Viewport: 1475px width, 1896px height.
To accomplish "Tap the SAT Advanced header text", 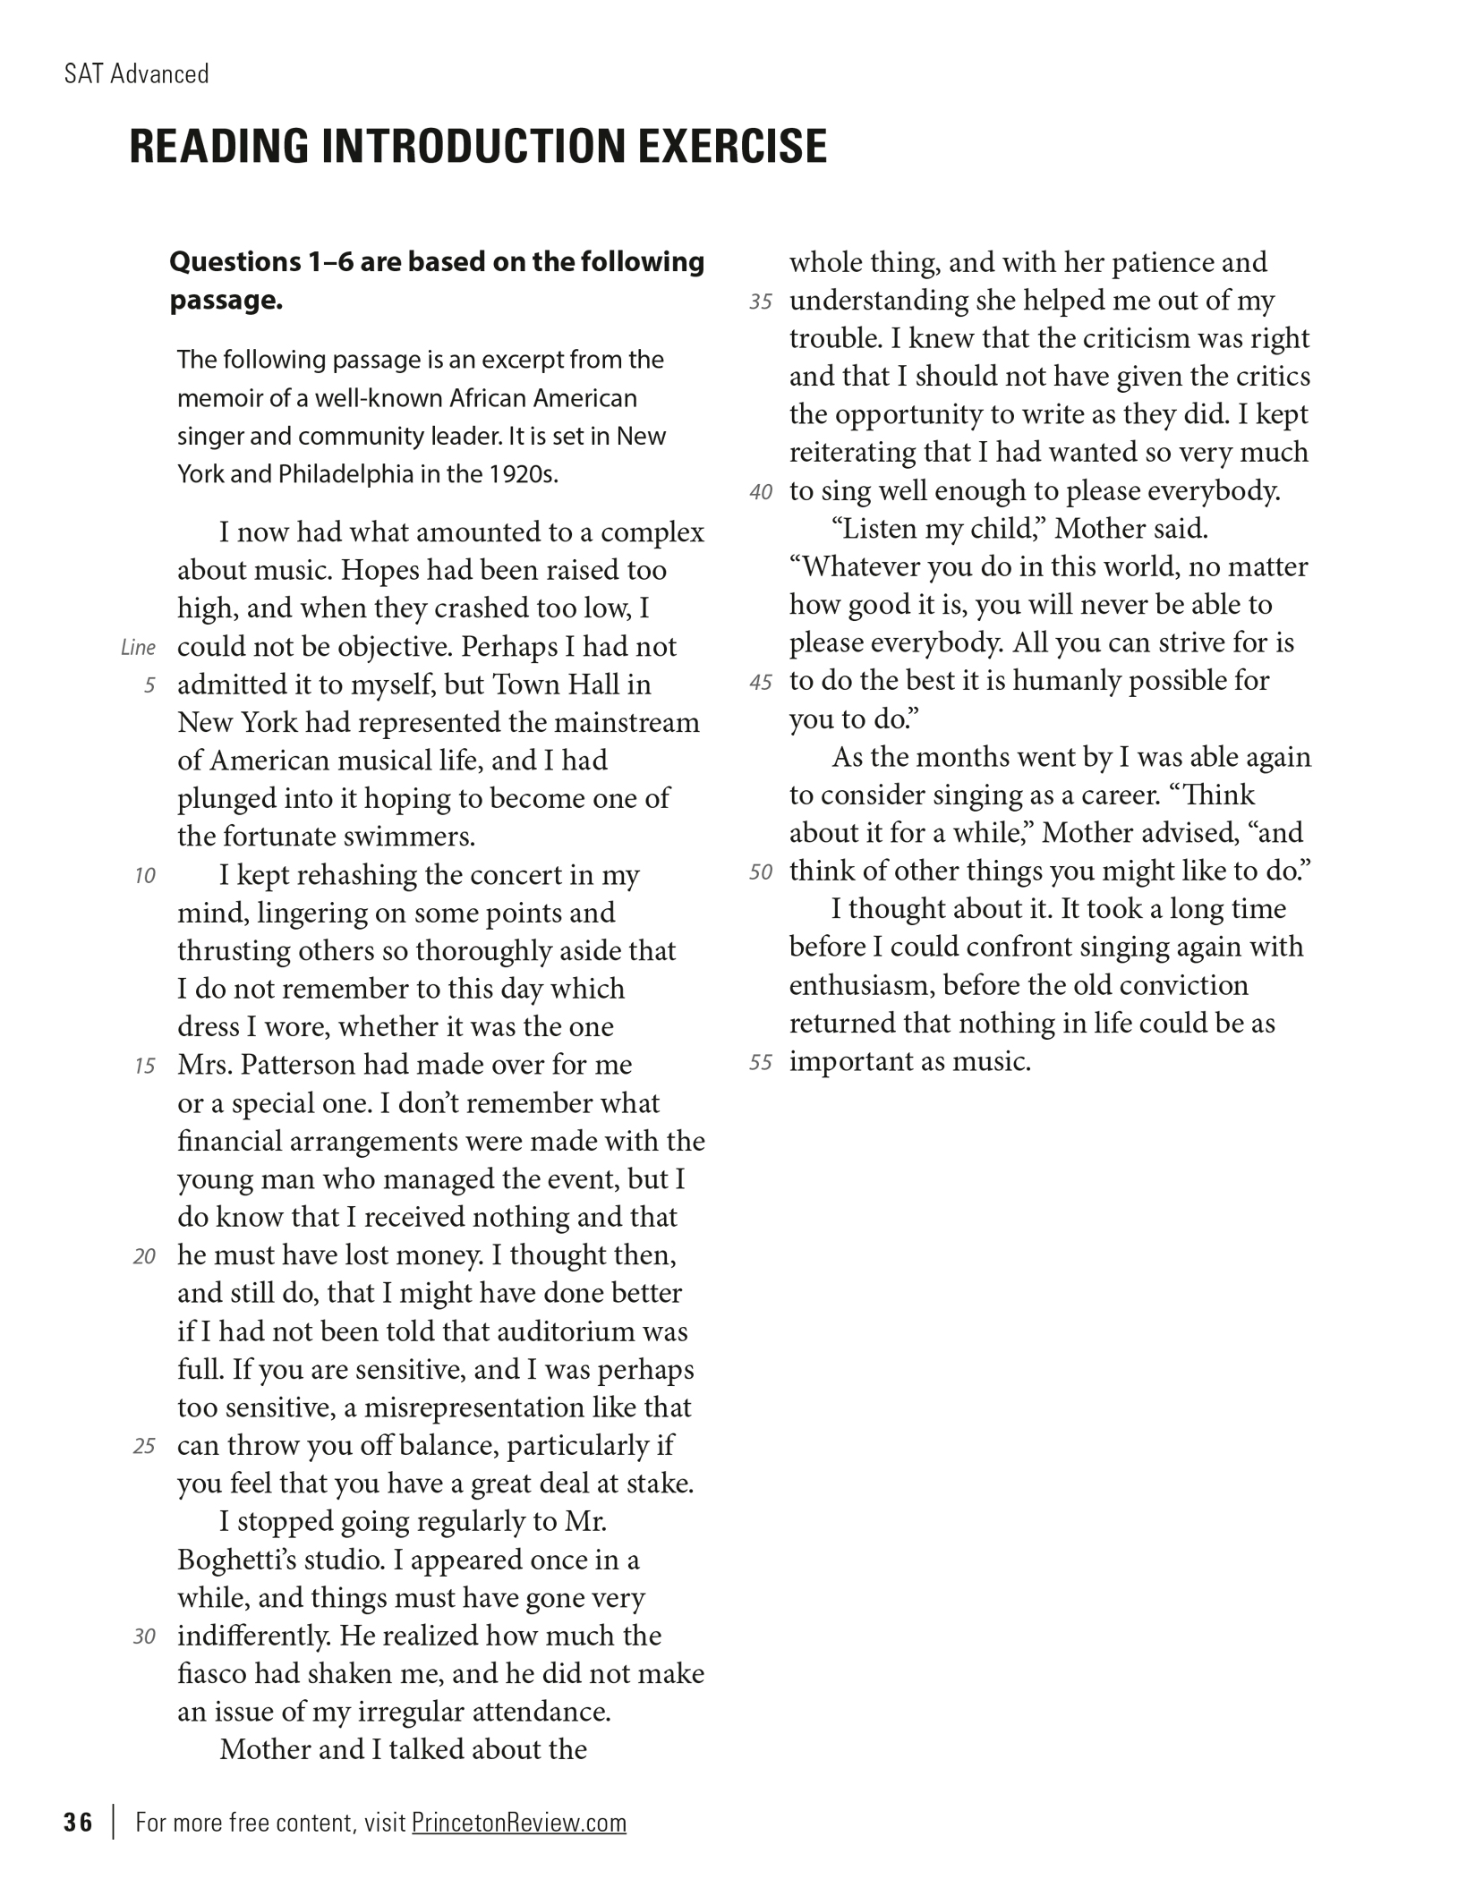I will click(x=136, y=73).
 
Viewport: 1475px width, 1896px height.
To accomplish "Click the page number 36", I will click(x=78, y=1823).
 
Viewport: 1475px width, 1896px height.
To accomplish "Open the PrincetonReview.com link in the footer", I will click(x=518, y=1823).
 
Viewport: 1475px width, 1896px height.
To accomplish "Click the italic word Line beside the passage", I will click(x=138, y=648).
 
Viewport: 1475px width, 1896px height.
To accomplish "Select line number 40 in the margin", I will click(x=760, y=492).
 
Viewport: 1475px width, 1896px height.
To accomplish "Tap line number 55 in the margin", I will click(x=760, y=1063).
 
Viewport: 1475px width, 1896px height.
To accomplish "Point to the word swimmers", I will click(x=411, y=837).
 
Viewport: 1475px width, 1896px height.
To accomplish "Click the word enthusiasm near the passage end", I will click(x=862, y=986).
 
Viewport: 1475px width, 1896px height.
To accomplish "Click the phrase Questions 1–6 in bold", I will click(x=248, y=262).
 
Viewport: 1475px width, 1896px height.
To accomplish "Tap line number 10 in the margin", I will click(x=144, y=876).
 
